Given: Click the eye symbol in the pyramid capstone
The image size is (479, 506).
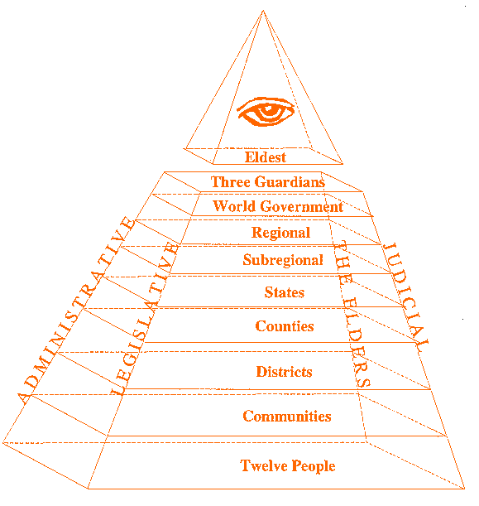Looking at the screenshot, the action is [x=266, y=111].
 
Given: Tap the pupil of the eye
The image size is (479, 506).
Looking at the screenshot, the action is [x=267, y=109].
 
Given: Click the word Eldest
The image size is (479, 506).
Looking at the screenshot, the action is [x=266, y=157].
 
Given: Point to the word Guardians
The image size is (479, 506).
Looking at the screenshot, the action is [x=290, y=182].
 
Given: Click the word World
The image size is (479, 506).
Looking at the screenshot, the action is [x=234, y=206].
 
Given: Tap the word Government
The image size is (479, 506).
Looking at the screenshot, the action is [x=301, y=206].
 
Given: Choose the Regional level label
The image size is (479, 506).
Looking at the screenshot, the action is [x=280, y=233].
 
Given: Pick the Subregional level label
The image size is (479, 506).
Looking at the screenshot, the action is [x=283, y=260].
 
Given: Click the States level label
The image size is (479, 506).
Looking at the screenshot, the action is [x=285, y=292].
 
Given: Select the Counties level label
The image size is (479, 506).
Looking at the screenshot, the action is [x=285, y=326].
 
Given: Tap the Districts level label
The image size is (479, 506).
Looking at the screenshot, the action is [x=284, y=372].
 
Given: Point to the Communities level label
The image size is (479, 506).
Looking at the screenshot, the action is [x=287, y=417].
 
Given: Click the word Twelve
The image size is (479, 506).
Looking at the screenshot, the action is [x=264, y=465].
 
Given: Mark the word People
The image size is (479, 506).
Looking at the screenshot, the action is [x=314, y=466].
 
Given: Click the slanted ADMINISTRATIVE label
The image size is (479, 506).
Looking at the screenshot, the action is [x=76, y=310].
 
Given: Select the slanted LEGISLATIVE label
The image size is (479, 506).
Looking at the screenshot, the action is [x=144, y=318].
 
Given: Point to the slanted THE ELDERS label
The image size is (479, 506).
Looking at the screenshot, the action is [x=351, y=314].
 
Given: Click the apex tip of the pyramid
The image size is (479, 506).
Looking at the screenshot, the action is [x=263, y=11].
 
